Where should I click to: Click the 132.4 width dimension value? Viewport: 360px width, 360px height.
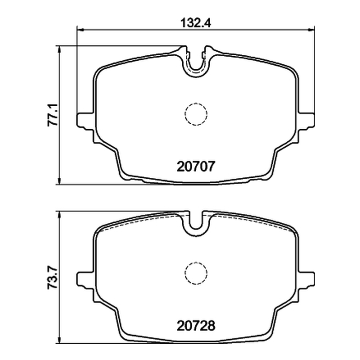[x=196, y=23]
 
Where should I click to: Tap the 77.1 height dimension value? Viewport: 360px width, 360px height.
[x=53, y=115]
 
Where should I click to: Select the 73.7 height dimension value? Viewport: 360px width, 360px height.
[x=53, y=277]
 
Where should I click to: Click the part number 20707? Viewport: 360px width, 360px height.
[x=196, y=166]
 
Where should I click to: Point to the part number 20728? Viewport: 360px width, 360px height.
[x=196, y=325]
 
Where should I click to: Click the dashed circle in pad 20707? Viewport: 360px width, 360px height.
[x=196, y=103]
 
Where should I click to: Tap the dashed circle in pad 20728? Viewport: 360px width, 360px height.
[x=196, y=262]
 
